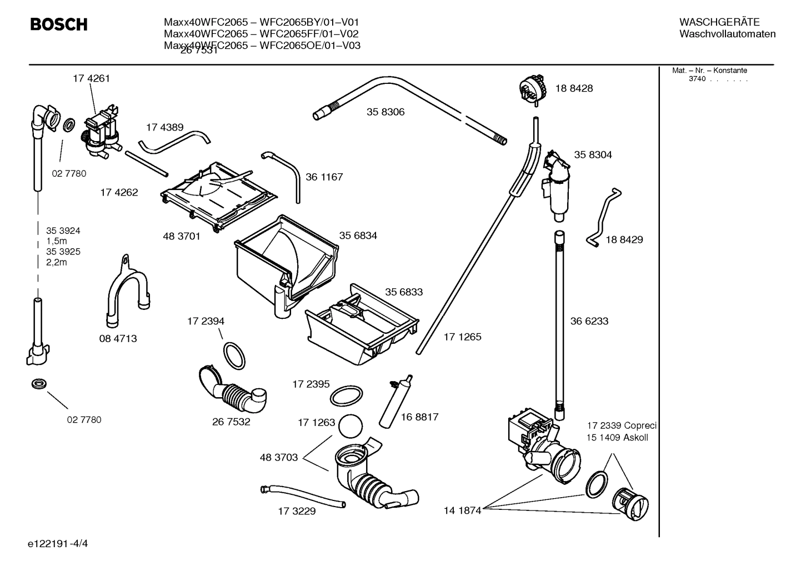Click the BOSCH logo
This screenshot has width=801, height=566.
click(x=58, y=24)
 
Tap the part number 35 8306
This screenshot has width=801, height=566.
click(x=385, y=112)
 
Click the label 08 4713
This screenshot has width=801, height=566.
click(x=118, y=338)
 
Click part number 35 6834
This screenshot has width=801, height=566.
click(x=358, y=236)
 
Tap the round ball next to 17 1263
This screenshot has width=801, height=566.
click(x=351, y=427)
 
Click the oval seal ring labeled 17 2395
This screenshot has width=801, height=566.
click(x=347, y=396)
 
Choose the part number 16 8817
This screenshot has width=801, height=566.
click(x=419, y=417)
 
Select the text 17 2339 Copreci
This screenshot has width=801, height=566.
click(x=622, y=425)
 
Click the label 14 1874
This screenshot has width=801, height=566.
click(x=462, y=510)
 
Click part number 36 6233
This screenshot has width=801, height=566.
click(x=589, y=321)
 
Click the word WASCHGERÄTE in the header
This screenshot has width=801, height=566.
click(x=719, y=22)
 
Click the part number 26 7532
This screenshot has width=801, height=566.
click(x=231, y=422)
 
